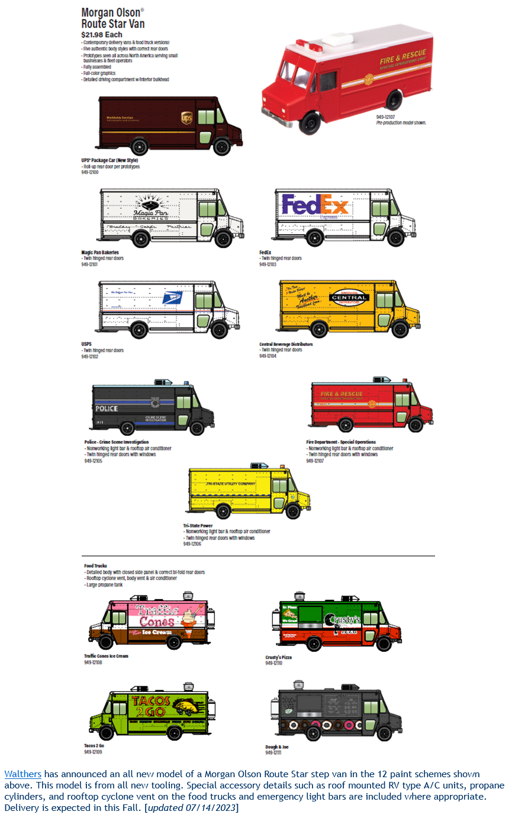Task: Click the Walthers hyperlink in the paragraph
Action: coord(22,774)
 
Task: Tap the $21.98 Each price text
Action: coord(102,35)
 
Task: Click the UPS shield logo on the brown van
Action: coord(186,118)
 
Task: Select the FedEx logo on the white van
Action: coord(315,205)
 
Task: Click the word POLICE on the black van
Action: coord(107,409)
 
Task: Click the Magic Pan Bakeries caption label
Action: coord(100,253)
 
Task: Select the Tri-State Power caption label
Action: coord(198,525)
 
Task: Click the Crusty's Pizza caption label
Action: coord(278,657)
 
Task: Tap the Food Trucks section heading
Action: coord(95,565)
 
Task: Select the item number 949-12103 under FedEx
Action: coord(268,264)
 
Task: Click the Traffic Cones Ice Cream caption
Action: coord(106,656)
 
